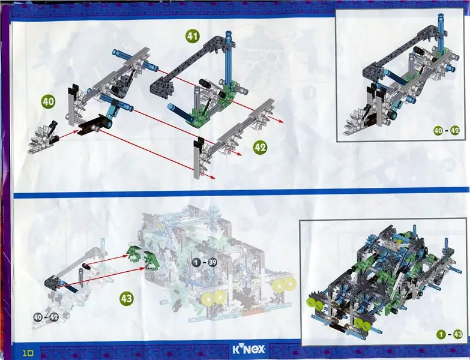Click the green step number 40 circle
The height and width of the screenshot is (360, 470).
[x=48, y=101]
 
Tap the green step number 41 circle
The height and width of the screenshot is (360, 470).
[x=192, y=37]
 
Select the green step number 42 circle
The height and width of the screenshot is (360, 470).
[x=260, y=148]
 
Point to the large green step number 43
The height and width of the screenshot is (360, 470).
[x=126, y=299]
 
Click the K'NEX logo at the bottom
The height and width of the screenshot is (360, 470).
[x=249, y=349]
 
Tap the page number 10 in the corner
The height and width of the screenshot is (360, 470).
[x=28, y=353]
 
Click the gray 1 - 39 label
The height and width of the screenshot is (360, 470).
[x=204, y=263]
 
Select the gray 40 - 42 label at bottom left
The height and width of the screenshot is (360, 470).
[x=46, y=317]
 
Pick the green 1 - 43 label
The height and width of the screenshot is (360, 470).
[x=450, y=334]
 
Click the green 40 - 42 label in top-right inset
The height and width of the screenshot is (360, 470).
[x=447, y=131]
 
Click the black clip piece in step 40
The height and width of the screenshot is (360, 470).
[x=93, y=124]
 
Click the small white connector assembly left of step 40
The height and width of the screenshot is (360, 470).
[x=43, y=138]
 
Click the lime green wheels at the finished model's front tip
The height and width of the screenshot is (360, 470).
[x=315, y=303]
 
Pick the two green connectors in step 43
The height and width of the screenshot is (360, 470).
[x=141, y=256]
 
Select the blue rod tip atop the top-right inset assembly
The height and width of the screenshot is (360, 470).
[x=441, y=19]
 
